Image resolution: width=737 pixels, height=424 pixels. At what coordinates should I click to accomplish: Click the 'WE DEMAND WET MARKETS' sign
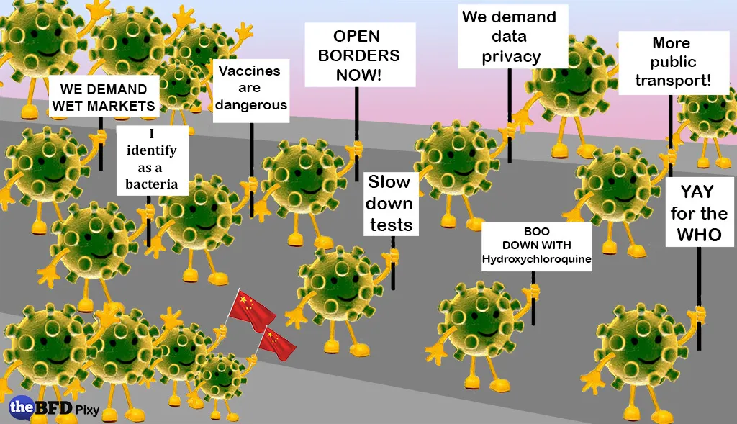point(107,98)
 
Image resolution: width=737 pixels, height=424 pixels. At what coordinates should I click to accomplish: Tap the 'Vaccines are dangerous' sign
point(252,89)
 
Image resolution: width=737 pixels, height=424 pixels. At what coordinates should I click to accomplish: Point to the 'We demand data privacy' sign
point(509,36)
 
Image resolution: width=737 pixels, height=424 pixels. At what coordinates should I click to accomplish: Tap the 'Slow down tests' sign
point(391,203)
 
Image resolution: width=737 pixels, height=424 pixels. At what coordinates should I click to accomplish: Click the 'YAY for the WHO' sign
point(699,213)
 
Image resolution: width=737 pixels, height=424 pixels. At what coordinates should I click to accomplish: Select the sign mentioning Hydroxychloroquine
point(536,246)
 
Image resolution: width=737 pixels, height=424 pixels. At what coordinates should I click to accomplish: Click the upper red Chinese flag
point(253,310)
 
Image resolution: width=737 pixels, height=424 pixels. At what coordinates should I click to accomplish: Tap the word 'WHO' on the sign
point(699,235)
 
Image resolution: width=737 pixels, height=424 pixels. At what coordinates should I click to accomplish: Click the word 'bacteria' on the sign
point(151,184)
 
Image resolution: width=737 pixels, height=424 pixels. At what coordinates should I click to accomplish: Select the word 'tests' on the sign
point(391,225)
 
